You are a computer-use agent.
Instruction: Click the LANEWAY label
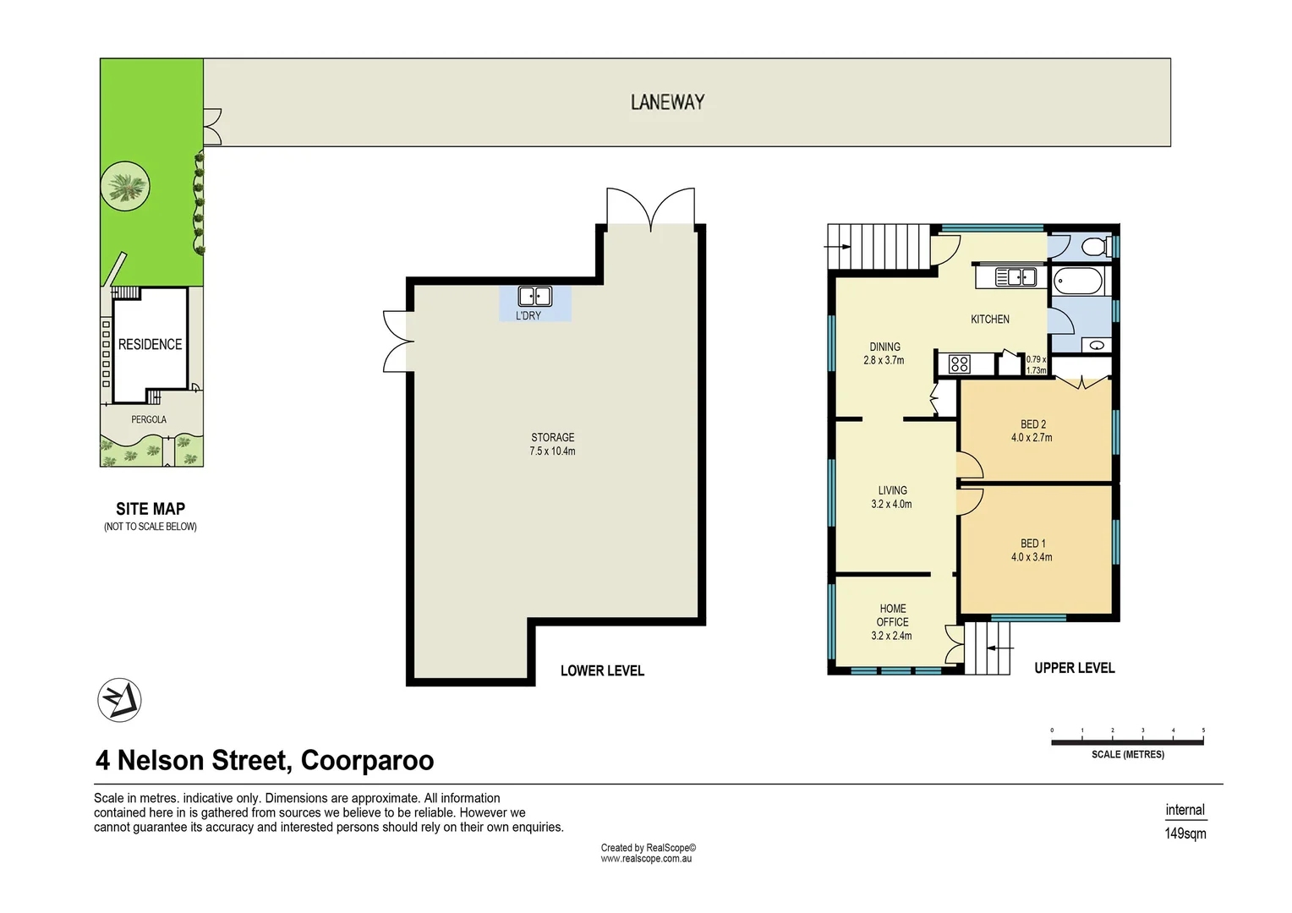(x=667, y=102)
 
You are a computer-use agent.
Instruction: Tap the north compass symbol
(x=119, y=700)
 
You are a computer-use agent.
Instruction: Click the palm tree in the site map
(x=125, y=185)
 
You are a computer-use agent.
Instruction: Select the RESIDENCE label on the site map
(x=150, y=344)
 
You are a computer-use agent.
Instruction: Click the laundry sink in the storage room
(x=534, y=296)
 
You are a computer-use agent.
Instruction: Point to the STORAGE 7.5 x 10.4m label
(x=552, y=444)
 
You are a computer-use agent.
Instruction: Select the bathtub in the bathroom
(x=1078, y=281)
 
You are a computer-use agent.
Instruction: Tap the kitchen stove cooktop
(x=959, y=364)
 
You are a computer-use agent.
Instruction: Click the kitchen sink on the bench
(x=1015, y=276)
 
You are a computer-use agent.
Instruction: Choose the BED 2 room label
(x=1032, y=431)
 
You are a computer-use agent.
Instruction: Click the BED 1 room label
(x=1032, y=550)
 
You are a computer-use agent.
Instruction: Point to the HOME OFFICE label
(x=892, y=621)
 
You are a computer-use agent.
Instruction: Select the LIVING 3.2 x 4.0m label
(x=892, y=497)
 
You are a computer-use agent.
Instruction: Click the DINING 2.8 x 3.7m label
(x=884, y=353)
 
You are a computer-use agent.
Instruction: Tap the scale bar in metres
(x=1127, y=742)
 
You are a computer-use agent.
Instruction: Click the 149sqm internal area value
(x=1185, y=834)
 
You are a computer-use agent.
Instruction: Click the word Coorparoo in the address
(x=367, y=760)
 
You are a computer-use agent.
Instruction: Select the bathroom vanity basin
(x=1097, y=345)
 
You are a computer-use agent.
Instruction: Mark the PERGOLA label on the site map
(x=149, y=419)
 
